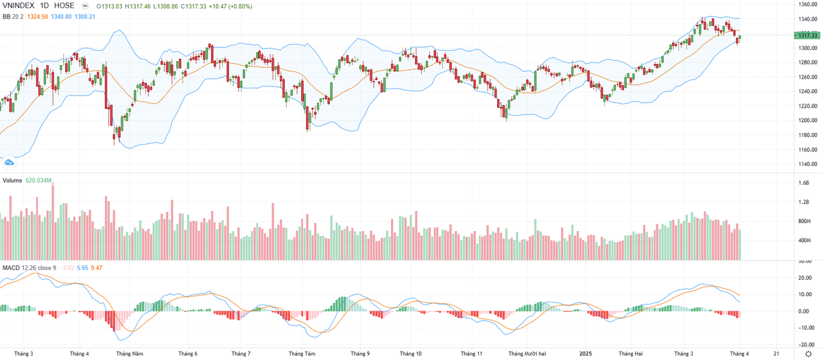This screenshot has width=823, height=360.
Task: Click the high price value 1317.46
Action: [x=143, y=6]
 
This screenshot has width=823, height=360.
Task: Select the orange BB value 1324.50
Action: [x=34, y=16]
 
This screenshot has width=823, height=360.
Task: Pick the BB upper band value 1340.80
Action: [x=62, y=16]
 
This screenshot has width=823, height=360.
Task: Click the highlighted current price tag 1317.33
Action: [x=807, y=35]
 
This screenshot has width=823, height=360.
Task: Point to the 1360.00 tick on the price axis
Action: [x=807, y=4]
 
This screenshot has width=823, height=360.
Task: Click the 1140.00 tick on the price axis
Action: [x=807, y=164]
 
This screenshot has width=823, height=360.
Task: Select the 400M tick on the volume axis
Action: [x=804, y=241]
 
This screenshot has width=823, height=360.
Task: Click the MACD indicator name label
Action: [x=11, y=267]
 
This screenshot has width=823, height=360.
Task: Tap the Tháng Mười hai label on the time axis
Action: [x=527, y=354]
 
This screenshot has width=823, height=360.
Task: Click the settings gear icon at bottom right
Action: [x=807, y=354]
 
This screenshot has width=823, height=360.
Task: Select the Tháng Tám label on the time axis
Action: [x=302, y=354]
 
